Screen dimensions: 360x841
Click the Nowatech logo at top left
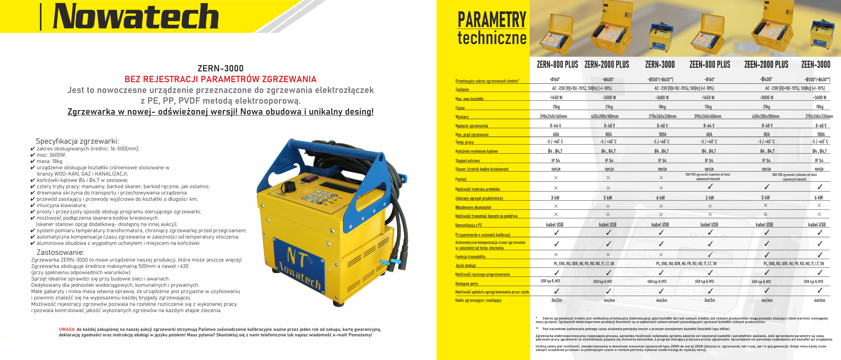136,16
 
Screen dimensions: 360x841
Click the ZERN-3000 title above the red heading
220,68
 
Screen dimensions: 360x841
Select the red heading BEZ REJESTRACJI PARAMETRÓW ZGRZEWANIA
220,79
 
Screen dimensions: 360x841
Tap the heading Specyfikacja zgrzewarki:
77,141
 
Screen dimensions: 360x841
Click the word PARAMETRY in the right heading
492,20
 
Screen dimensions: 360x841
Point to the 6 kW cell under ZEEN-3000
818,198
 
